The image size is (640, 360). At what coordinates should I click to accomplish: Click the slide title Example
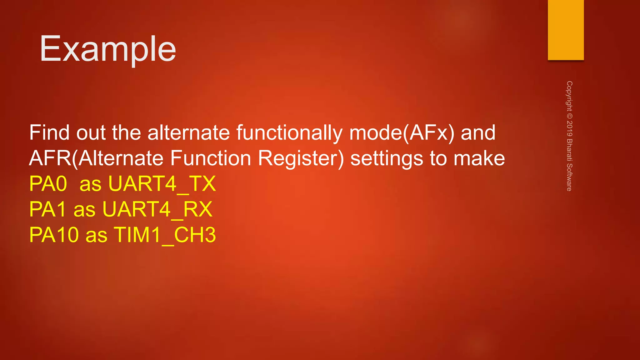point(108,49)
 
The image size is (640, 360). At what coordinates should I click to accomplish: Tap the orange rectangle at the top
point(566,30)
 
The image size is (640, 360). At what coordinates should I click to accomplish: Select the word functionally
point(289,133)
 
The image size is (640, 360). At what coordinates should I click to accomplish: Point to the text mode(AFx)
point(402,133)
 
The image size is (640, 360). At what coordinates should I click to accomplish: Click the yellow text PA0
point(48,184)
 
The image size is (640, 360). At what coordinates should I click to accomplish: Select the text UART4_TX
point(162,184)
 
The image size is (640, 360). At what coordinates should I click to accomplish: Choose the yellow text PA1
point(47,209)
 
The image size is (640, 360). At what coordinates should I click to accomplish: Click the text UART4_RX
point(157,209)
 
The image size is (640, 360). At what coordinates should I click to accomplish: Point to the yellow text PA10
point(54,235)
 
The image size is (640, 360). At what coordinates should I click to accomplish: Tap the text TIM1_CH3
point(165,235)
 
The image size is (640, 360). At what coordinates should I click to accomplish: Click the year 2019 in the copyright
point(569,128)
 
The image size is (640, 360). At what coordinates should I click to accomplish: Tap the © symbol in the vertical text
point(569,116)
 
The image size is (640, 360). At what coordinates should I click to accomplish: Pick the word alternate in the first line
point(189,132)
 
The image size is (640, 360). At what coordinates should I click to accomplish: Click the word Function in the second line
point(211,158)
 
